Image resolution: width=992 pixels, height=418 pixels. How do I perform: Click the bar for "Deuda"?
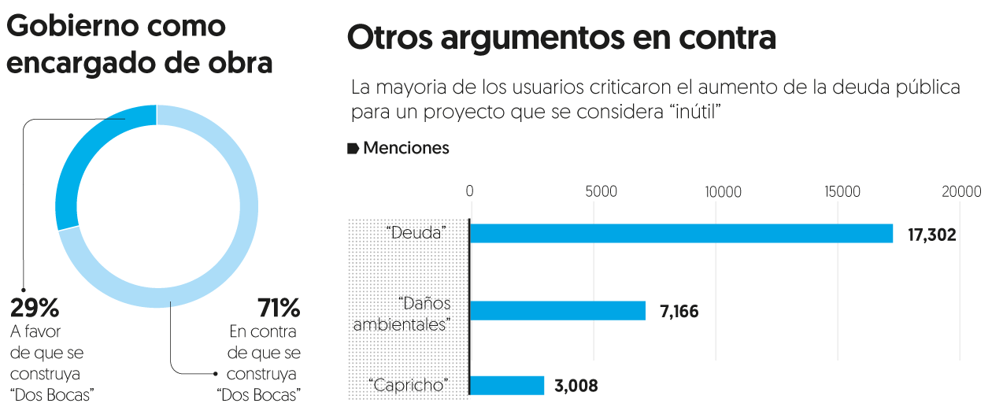click(681, 233)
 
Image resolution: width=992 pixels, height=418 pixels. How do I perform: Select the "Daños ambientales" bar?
click(557, 310)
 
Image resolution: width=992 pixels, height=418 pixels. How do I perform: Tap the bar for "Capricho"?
click(507, 385)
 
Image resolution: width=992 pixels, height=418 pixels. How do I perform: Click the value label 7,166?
click(679, 311)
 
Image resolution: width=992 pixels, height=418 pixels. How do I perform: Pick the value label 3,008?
click(576, 386)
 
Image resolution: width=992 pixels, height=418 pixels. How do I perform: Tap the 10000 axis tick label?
click(723, 191)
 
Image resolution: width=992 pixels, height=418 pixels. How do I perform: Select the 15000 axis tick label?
click(843, 191)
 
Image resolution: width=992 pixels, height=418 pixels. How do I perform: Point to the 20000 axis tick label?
click(963, 191)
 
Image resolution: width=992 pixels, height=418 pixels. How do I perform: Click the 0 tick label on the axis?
click(469, 191)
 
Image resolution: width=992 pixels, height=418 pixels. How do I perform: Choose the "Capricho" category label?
click(408, 386)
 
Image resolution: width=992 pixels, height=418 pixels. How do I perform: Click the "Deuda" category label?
click(416, 233)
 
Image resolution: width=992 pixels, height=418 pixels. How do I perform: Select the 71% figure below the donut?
click(279, 306)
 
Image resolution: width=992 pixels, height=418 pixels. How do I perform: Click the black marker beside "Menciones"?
click(353, 148)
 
